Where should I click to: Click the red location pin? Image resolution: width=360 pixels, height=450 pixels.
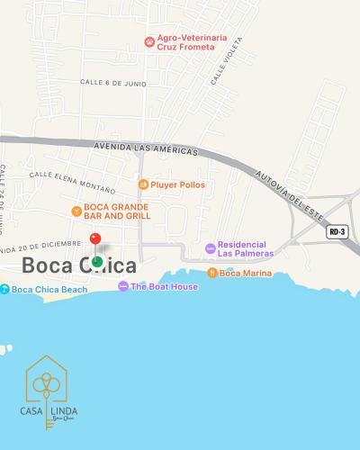(95, 239)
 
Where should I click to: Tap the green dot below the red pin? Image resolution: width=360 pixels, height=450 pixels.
(97, 261)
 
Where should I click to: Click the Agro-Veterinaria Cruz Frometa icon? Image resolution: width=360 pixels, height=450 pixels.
(149, 41)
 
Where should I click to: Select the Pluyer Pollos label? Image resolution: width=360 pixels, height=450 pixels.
(178, 184)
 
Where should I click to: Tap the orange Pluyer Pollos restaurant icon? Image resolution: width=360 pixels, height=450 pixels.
(142, 184)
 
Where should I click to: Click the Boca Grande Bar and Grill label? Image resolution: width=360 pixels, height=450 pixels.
(117, 211)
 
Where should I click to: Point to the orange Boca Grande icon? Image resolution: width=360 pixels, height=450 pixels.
(76, 211)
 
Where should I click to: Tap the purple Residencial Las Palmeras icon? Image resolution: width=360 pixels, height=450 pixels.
(211, 247)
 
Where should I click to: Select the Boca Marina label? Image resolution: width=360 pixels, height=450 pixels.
(246, 273)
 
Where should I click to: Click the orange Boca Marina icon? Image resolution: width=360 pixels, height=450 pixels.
(212, 273)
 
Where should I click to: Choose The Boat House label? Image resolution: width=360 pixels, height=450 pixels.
(165, 286)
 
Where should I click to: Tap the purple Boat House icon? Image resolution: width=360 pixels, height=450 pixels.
(123, 286)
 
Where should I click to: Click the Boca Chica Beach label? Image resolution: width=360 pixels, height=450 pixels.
(49, 289)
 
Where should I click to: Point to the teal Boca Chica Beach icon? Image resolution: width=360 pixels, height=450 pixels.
(5, 289)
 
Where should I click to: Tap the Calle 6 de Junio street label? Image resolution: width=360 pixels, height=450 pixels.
(112, 83)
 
